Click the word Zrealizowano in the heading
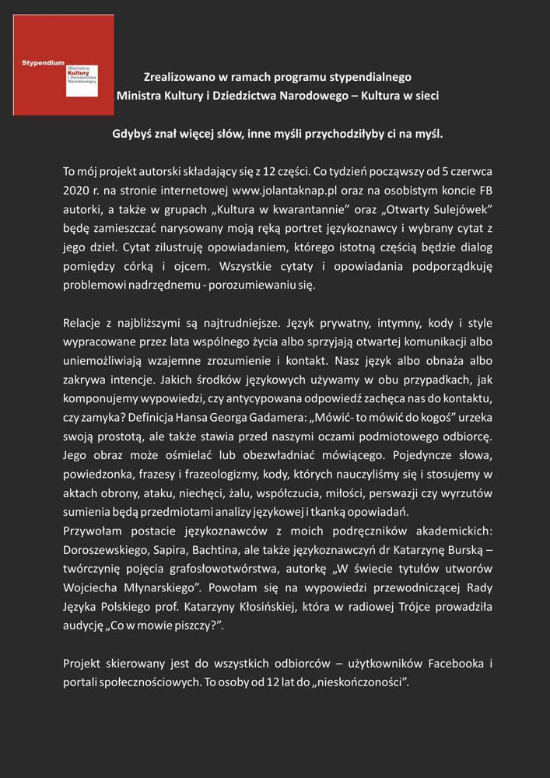(180, 77)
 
